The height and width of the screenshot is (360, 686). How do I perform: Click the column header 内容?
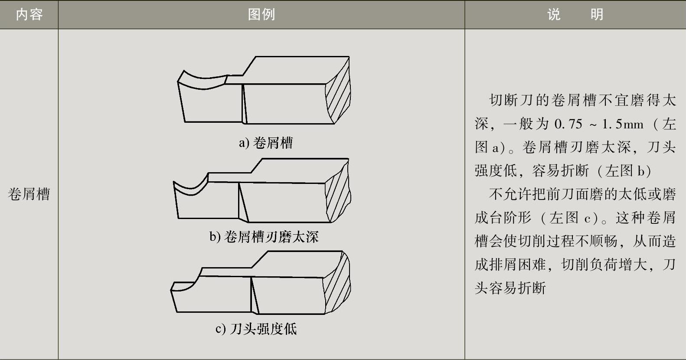tap(29, 14)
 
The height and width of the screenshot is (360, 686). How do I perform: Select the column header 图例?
tap(261, 14)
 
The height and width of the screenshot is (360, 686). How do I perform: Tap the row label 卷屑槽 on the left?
tap(29, 194)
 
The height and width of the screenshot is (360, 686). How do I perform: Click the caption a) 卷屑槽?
tap(266, 143)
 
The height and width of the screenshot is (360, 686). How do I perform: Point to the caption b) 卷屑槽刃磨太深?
tap(264, 236)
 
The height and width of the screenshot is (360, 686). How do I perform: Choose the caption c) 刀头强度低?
tap(256, 328)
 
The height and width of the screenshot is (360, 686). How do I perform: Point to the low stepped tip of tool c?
tap(184, 286)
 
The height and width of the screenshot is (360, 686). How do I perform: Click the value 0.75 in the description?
tap(568, 124)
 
